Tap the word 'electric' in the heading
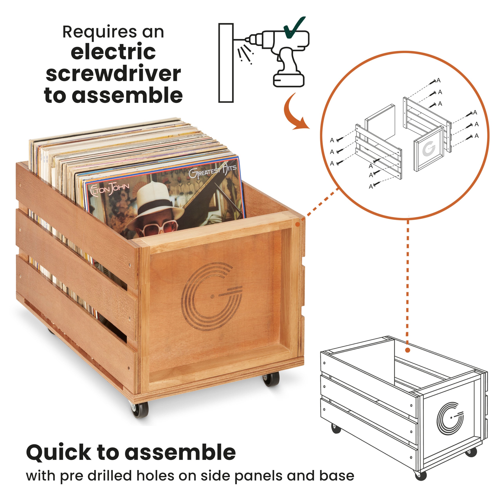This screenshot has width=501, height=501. tap(113, 52)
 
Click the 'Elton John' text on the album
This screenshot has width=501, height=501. tap(109, 189)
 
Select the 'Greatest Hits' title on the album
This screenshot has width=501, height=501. tap(212, 171)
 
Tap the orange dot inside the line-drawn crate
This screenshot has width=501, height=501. tap(407, 350)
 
